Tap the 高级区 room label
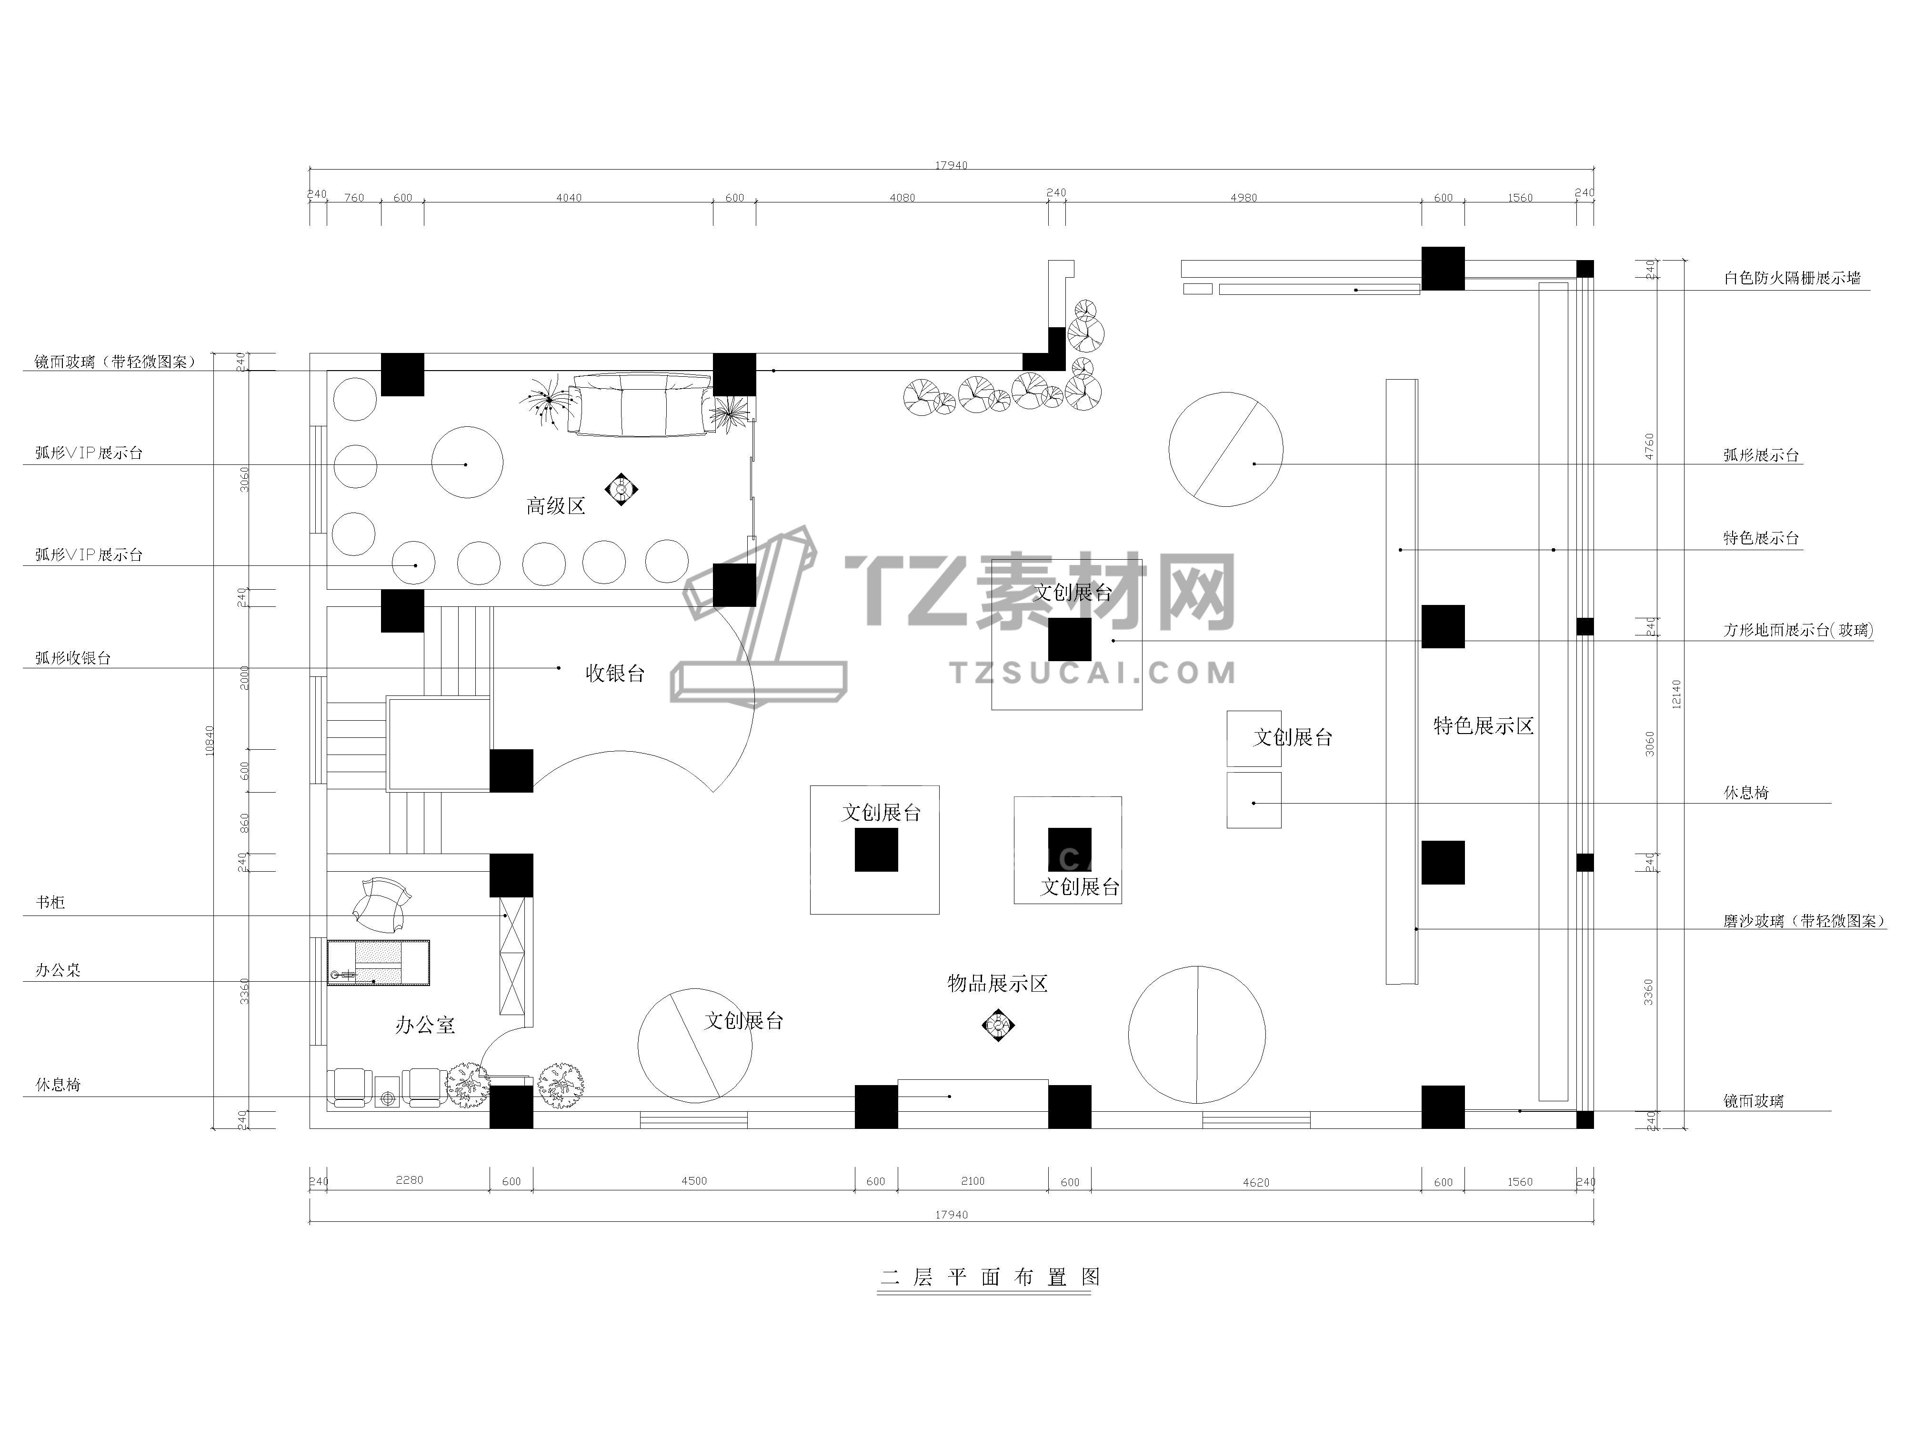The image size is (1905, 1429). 555,505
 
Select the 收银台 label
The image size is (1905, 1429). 615,673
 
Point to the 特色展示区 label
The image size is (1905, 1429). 1483,725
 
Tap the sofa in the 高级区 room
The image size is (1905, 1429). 642,405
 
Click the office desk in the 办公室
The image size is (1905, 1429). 378,962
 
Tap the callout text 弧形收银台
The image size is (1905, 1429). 73,658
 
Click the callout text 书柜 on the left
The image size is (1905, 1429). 50,903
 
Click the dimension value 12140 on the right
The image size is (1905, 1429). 1676,694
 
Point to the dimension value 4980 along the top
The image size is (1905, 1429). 1243,197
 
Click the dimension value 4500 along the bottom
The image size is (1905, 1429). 694,1181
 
